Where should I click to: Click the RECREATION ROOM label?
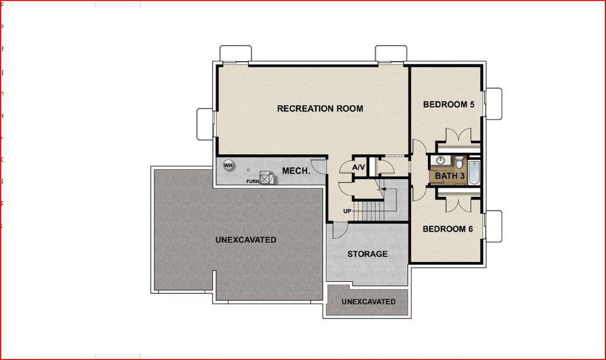(320, 108)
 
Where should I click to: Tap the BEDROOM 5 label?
(449, 105)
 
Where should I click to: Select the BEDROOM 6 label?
(447, 229)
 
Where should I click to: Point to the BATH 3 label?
(450, 176)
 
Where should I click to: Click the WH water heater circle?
(228, 165)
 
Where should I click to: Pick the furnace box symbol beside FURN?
(266, 179)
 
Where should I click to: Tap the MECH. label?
(296, 171)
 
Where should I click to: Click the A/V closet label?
(359, 168)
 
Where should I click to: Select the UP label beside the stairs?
(347, 211)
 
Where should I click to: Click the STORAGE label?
(368, 254)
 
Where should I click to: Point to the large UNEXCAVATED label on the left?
(246, 240)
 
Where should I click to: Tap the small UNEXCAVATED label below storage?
(368, 302)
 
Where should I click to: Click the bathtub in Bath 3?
(475, 171)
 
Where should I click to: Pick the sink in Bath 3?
(440, 160)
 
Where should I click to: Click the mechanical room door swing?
(318, 165)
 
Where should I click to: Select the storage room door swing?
(339, 231)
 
